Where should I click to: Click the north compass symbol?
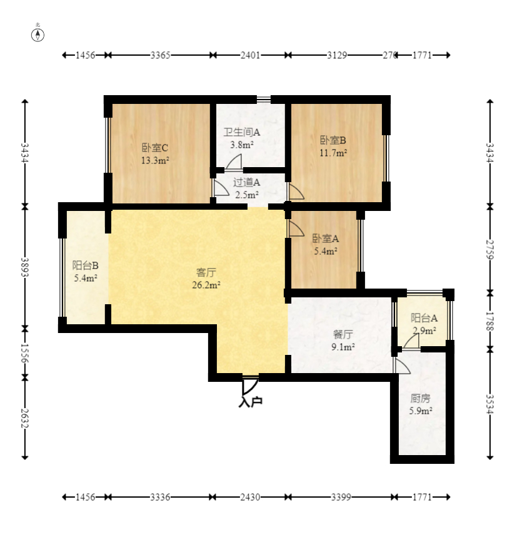(x=38, y=34)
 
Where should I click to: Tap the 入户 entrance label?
(x=251, y=401)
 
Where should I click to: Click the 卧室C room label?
(x=155, y=148)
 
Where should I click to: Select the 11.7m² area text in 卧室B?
(x=333, y=153)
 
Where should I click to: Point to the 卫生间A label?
(x=242, y=132)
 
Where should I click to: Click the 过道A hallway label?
(x=247, y=183)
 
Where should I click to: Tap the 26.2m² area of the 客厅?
(x=206, y=285)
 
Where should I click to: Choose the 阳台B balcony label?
(x=86, y=265)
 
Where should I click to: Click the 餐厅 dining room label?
(x=343, y=334)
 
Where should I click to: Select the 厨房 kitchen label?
(x=421, y=398)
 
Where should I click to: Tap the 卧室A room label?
(x=326, y=238)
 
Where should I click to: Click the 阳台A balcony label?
(x=424, y=317)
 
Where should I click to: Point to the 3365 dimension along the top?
(x=160, y=55)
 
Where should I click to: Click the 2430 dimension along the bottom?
(x=250, y=497)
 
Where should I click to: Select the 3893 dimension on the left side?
(x=24, y=267)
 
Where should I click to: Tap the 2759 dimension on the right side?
(x=490, y=250)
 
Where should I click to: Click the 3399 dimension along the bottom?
(x=341, y=497)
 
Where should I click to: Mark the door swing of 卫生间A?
(x=233, y=162)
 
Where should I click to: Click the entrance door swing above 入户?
(x=250, y=385)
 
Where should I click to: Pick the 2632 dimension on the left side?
(x=24, y=418)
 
